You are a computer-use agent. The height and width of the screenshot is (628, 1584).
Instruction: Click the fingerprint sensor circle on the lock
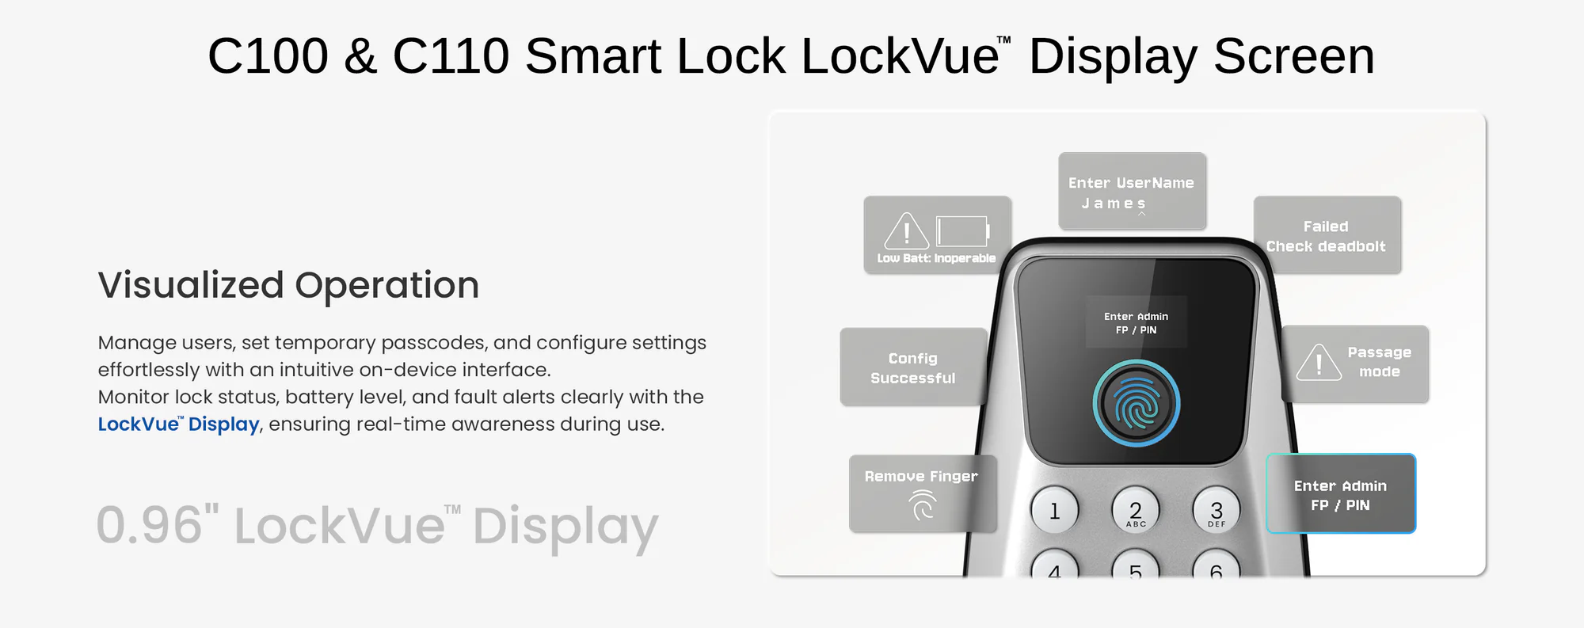1137,404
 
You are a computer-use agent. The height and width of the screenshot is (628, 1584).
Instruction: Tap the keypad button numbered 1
1054,511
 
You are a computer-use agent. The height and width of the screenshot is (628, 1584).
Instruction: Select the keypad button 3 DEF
1217,511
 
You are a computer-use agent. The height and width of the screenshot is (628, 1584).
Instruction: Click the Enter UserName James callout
1132,192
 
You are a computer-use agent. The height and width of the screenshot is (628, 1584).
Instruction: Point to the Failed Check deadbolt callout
1327,235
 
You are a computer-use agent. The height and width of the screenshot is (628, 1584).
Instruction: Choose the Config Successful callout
913,367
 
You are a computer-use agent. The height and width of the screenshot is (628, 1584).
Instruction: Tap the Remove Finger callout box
922,493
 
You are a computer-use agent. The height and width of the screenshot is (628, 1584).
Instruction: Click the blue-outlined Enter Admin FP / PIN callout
1340,494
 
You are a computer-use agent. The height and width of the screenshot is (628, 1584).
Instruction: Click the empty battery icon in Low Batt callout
962,232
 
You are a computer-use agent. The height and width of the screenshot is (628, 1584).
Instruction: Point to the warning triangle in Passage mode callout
1318,363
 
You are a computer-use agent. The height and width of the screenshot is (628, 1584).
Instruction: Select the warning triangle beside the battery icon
906,231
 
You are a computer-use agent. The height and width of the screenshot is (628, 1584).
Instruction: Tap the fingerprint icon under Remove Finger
923,505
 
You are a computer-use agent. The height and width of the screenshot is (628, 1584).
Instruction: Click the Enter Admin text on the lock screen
1136,317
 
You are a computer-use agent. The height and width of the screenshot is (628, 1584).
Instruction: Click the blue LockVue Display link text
178,424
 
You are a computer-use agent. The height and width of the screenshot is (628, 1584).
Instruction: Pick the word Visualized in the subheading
191,285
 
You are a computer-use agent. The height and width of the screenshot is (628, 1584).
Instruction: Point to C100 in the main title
268,56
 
